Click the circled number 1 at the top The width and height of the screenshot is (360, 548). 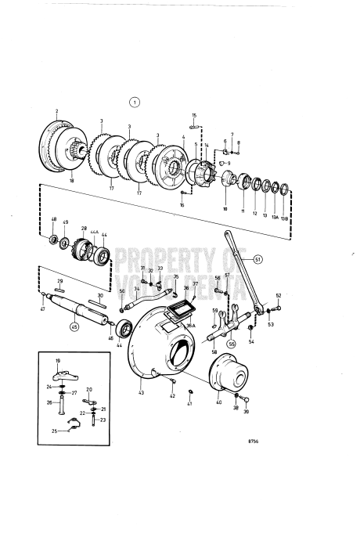(135, 102)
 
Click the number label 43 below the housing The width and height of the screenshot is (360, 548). (142, 391)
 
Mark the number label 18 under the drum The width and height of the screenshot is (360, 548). (71, 181)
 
